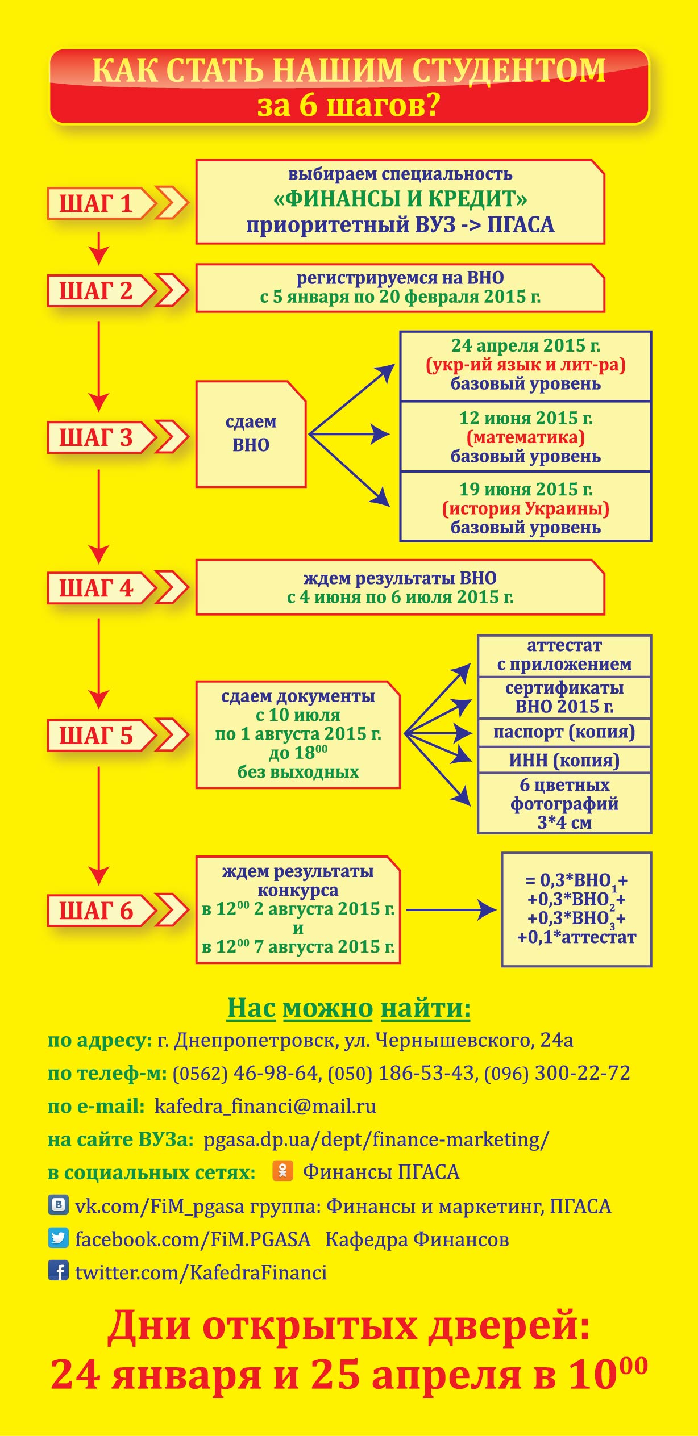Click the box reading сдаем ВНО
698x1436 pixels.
click(x=251, y=434)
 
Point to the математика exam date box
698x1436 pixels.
click(x=526, y=437)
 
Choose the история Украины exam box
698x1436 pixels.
click(x=526, y=507)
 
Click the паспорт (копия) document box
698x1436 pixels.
click(x=564, y=732)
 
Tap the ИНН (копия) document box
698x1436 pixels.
click(x=564, y=760)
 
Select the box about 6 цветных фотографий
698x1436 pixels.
click(x=564, y=803)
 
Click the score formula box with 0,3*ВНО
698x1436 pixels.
click(x=576, y=909)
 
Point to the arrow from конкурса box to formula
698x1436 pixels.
click(x=451, y=909)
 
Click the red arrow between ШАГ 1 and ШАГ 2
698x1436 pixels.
click(x=99, y=248)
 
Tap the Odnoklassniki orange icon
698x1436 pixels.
click(x=282, y=1171)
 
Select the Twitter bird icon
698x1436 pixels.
click(x=58, y=1238)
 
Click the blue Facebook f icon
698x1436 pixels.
click(x=58, y=1271)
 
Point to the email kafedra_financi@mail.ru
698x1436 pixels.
click(x=265, y=1106)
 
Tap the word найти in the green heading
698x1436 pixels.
click(x=426, y=1008)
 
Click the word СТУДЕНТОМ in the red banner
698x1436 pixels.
click(x=509, y=71)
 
